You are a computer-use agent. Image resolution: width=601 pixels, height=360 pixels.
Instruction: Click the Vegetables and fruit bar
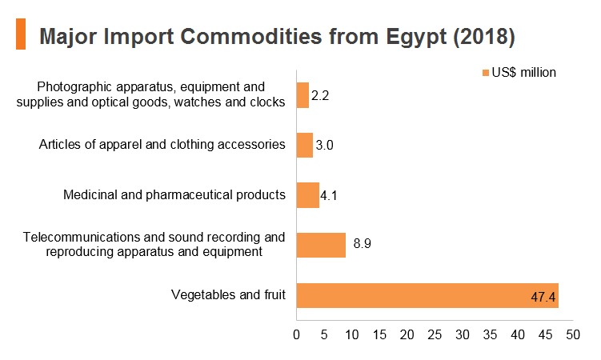click(427, 295)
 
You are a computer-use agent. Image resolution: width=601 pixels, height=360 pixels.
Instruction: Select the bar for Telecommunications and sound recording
click(321, 245)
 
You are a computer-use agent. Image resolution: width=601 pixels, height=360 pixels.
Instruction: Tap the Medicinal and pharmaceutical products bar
click(308, 195)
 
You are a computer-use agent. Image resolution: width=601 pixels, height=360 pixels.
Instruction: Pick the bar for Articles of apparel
click(305, 145)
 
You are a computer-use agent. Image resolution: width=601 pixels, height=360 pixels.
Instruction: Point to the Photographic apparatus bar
click(303, 95)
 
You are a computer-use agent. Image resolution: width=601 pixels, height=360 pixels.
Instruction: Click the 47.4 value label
click(543, 297)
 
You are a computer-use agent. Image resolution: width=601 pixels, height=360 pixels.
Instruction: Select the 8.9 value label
click(363, 243)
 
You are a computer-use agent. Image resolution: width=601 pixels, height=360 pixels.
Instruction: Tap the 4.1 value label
click(328, 196)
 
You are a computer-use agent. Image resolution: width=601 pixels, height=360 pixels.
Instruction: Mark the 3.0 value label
click(324, 145)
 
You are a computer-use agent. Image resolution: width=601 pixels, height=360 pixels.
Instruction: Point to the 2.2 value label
click(320, 95)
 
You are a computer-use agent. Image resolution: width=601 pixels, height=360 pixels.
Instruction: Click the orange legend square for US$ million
click(486, 73)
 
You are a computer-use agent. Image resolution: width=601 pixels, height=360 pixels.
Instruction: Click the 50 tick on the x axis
click(573, 334)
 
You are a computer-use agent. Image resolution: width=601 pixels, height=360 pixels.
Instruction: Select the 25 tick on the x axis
click(435, 334)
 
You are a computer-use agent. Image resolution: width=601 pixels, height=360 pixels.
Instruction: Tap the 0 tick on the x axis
click(296, 334)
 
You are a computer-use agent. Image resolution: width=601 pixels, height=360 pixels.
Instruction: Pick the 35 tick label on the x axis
click(490, 334)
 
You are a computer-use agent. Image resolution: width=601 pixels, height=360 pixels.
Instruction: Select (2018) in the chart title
click(483, 37)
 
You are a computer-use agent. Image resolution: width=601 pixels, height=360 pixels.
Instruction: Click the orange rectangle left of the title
click(21, 34)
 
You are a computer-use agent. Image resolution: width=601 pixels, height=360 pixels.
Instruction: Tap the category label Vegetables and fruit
click(228, 294)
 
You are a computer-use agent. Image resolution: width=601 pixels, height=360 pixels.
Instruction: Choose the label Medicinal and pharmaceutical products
click(174, 194)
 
